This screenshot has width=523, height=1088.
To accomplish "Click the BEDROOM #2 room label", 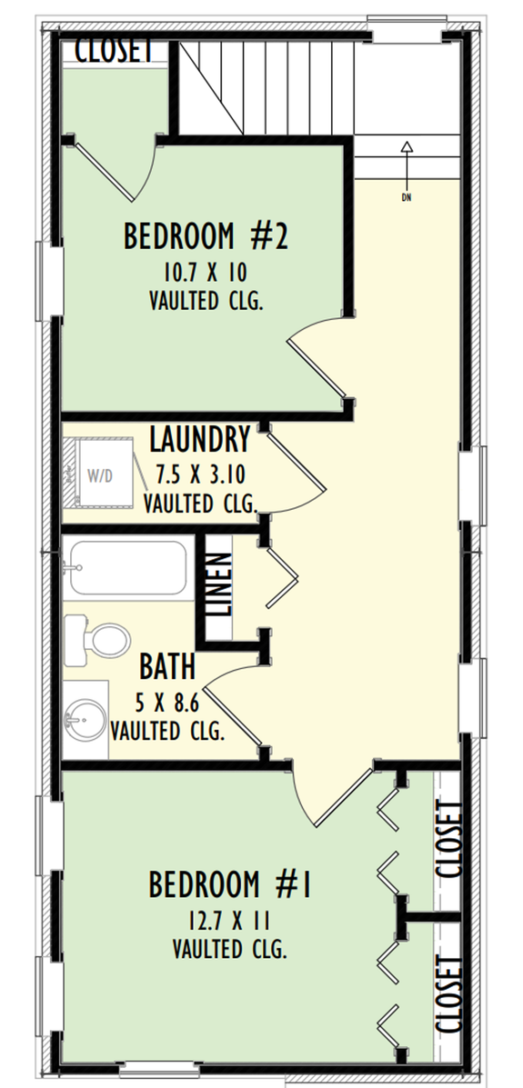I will pyautogui.click(x=206, y=237).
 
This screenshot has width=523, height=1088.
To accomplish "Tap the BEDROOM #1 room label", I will pyautogui.click(x=230, y=883).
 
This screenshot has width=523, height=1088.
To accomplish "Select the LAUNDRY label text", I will pyautogui.click(x=199, y=441).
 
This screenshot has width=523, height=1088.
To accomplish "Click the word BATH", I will pyautogui.click(x=167, y=666).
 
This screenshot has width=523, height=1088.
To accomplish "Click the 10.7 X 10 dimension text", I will pyautogui.click(x=206, y=272).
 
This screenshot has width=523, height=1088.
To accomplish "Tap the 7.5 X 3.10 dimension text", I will pyautogui.click(x=199, y=473).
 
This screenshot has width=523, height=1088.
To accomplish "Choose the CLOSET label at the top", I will pyautogui.click(x=114, y=50).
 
